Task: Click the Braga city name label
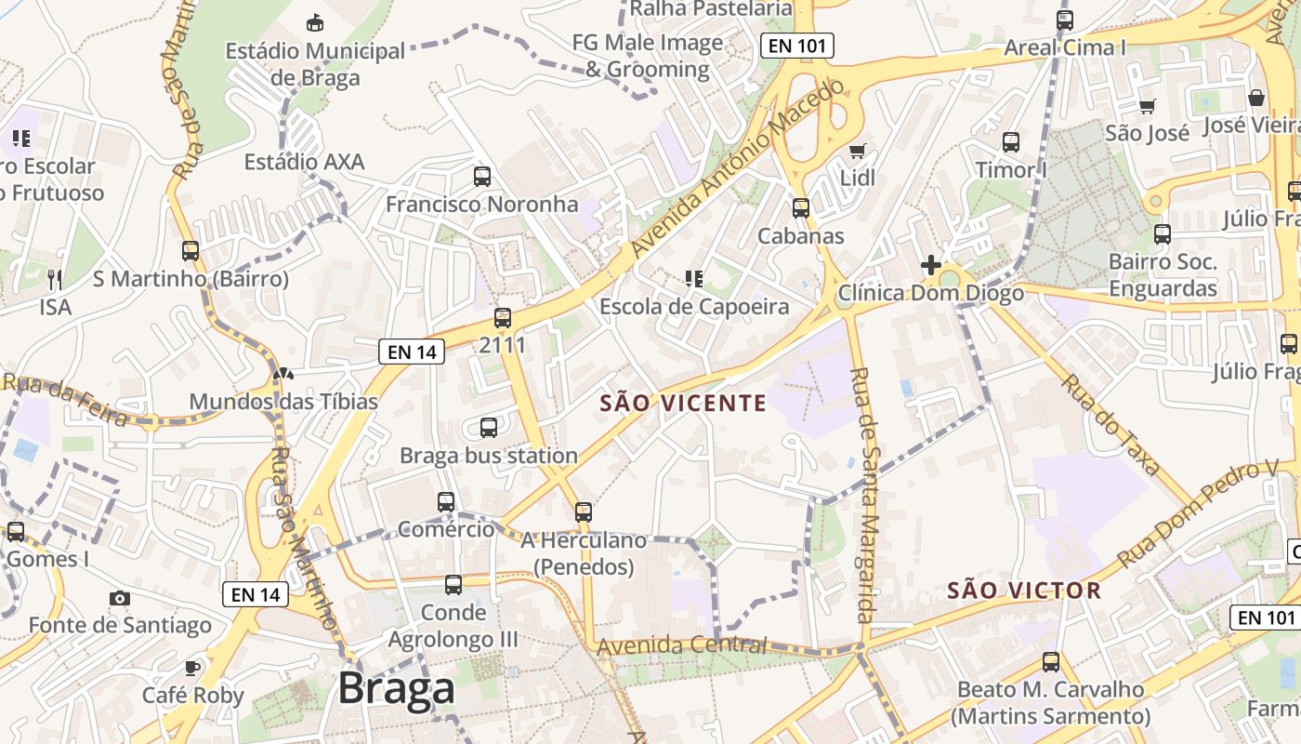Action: [x=396, y=688]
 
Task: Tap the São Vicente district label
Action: [x=683, y=403]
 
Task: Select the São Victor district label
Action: [x=1024, y=590]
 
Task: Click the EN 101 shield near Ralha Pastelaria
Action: [x=796, y=45]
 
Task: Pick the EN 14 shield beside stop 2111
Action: [x=412, y=352]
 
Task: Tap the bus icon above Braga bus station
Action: [x=488, y=428]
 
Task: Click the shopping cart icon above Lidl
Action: [x=857, y=151]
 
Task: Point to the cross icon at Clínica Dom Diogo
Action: [x=930, y=265]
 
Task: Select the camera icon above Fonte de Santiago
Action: [x=120, y=598]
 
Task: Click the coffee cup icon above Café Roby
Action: [x=192, y=668]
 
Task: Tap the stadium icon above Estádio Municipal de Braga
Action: [x=315, y=22]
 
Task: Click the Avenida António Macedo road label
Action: [x=739, y=167]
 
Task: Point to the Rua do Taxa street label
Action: [x=1111, y=425]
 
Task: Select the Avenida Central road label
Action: [x=682, y=644]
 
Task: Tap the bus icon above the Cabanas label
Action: [x=800, y=208]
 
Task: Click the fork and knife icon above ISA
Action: [x=55, y=279]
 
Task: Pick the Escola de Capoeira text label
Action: [x=694, y=306]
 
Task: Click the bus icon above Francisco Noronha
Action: [x=481, y=177]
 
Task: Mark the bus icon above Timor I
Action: [x=1011, y=142]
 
